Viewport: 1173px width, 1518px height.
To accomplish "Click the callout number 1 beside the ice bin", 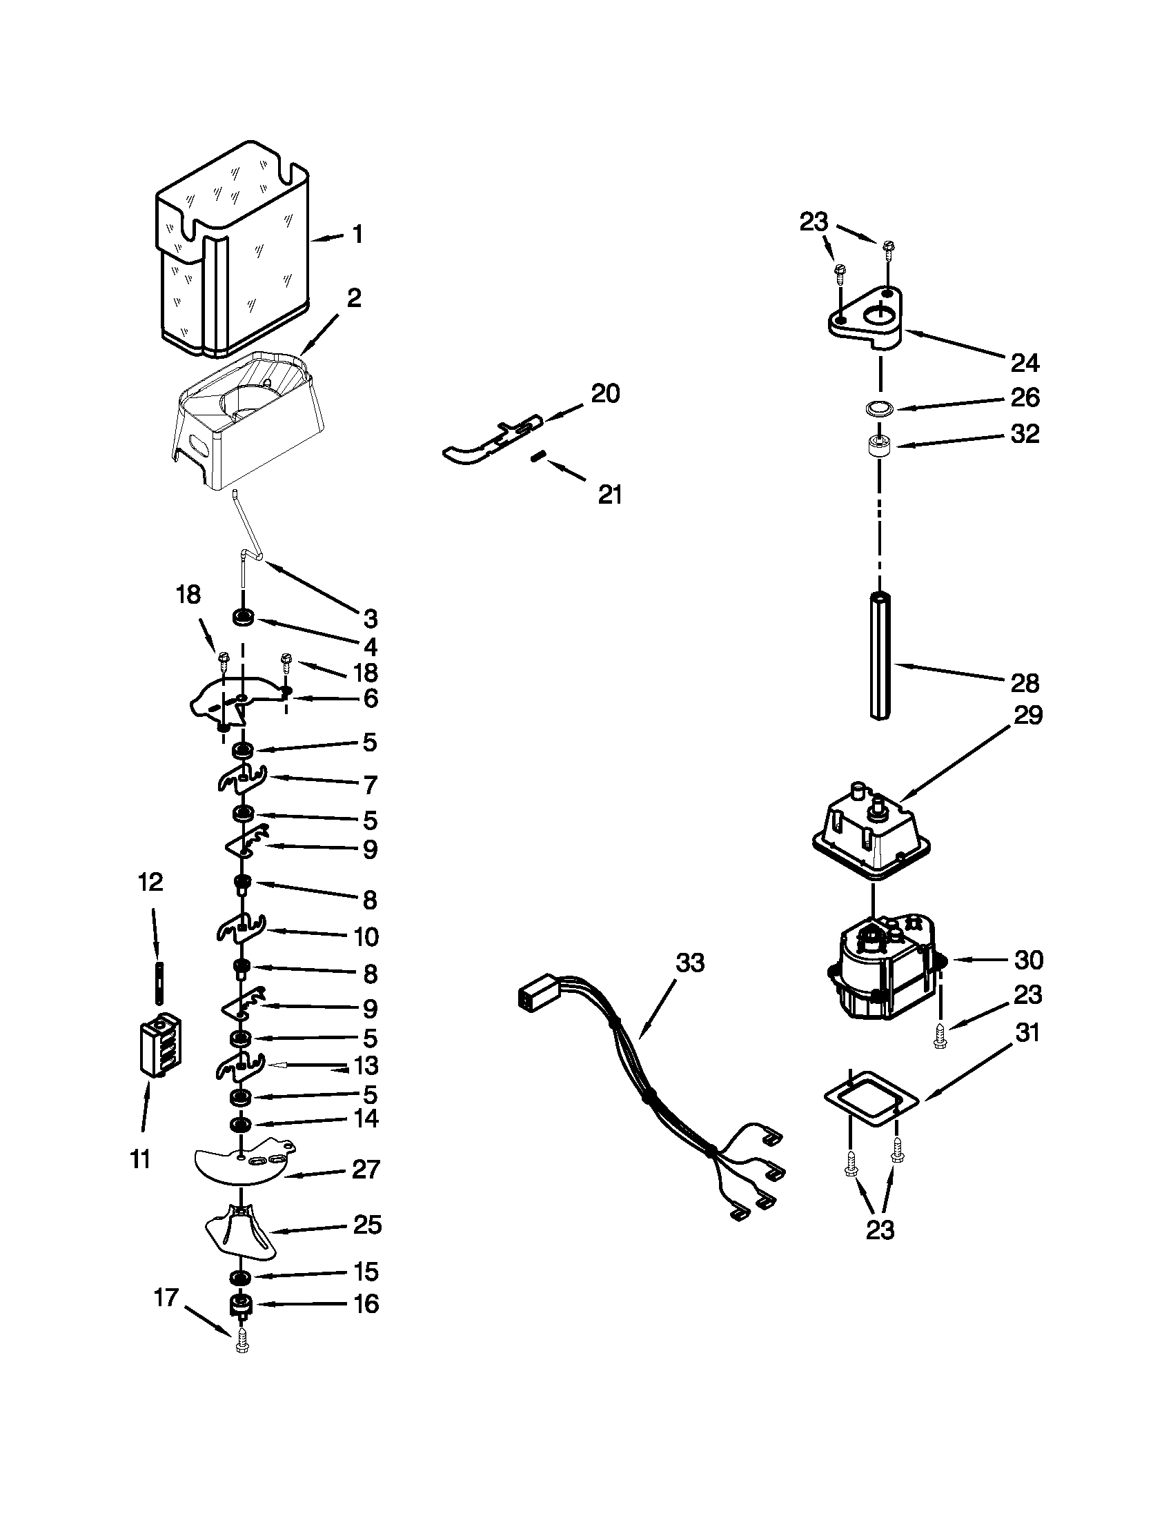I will (357, 235).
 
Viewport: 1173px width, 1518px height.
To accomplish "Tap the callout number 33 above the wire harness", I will (689, 963).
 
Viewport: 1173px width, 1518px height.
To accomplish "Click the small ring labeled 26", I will (880, 408).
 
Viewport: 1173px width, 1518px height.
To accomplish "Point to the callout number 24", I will (1024, 362).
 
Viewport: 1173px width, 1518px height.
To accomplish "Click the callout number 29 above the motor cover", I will (1029, 716).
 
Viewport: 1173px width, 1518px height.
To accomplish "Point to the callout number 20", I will (605, 394).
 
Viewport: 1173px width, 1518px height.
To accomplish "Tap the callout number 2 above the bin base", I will (354, 299).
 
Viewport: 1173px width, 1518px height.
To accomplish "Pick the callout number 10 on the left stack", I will (366, 936).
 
